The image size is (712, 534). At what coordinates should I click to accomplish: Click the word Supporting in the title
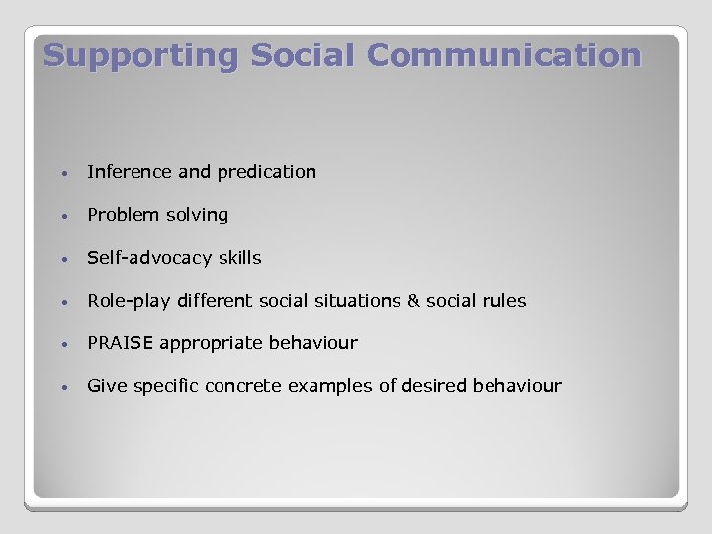pyautogui.click(x=141, y=55)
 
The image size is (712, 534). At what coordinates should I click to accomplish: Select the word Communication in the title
pyautogui.click(x=503, y=55)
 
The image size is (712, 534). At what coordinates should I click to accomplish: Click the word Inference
pyautogui.click(x=130, y=172)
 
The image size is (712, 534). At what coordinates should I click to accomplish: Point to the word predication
pyautogui.click(x=267, y=172)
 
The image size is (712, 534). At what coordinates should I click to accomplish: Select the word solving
pyautogui.click(x=196, y=215)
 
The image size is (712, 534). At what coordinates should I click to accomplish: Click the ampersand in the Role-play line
pyautogui.click(x=413, y=301)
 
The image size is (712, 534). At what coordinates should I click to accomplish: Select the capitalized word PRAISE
pyautogui.click(x=121, y=343)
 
